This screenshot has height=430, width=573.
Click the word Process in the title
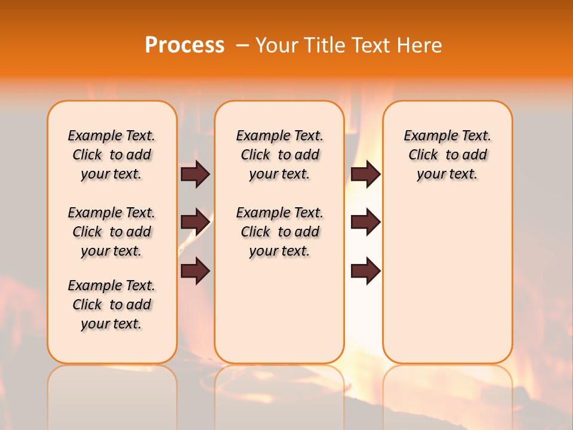(x=184, y=45)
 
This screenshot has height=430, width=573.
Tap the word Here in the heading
(x=419, y=45)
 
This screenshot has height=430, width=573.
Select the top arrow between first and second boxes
(x=195, y=174)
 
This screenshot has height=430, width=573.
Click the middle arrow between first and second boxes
(x=195, y=223)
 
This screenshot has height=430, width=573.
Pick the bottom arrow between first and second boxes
(x=195, y=271)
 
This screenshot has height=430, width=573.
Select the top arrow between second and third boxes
(x=365, y=174)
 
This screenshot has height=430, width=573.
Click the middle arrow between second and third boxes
(x=365, y=222)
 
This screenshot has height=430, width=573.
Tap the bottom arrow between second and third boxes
(x=365, y=271)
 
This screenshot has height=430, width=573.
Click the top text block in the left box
(x=112, y=155)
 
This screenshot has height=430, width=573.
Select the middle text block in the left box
(x=112, y=232)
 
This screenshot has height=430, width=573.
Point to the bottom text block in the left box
(x=112, y=305)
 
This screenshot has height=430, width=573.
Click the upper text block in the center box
(x=279, y=155)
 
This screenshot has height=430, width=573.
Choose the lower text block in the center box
(x=279, y=232)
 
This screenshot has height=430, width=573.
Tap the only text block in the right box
(x=447, y=155)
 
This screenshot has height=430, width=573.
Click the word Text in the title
(x=372, y=45)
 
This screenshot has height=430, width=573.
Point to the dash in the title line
(x=242, y=46)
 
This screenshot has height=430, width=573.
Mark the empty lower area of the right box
(x=447, y=281)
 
